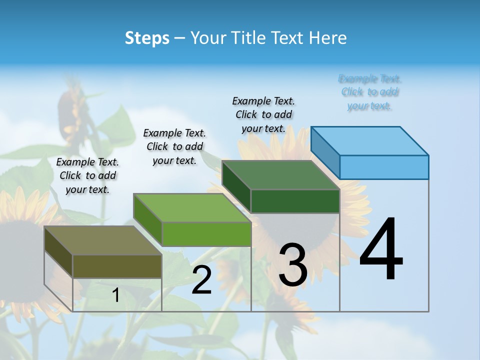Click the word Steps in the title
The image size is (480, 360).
pos(147,38)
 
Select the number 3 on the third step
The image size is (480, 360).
pos(293,265)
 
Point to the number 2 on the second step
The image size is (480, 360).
pos(202,280)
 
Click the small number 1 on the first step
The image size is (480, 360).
pos(116,295)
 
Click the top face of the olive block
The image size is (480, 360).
pos(102,240)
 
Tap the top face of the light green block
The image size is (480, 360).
pos(191,208)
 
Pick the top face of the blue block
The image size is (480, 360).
pos(370,141)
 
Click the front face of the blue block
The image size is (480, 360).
pos(384,167)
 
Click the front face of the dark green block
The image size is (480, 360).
pos(295,201)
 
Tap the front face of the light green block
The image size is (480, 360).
pos(206,234)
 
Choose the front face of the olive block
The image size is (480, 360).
pos(117,266)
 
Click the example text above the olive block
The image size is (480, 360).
pos(87,175)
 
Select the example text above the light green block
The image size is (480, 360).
pos(174,146)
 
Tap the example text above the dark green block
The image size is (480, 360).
pos(263,114)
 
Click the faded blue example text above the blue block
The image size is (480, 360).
pos(369,92)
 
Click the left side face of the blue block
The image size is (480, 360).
pos(325,152)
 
